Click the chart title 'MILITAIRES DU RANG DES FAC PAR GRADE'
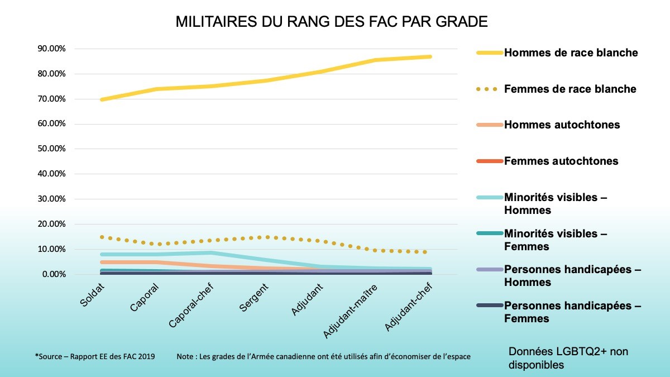click(332, 22)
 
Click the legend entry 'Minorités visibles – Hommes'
click(555, 204)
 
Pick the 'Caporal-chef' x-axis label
click(193, 307)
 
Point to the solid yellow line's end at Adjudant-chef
click(430, 56)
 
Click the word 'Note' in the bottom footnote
click(184, 356)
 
